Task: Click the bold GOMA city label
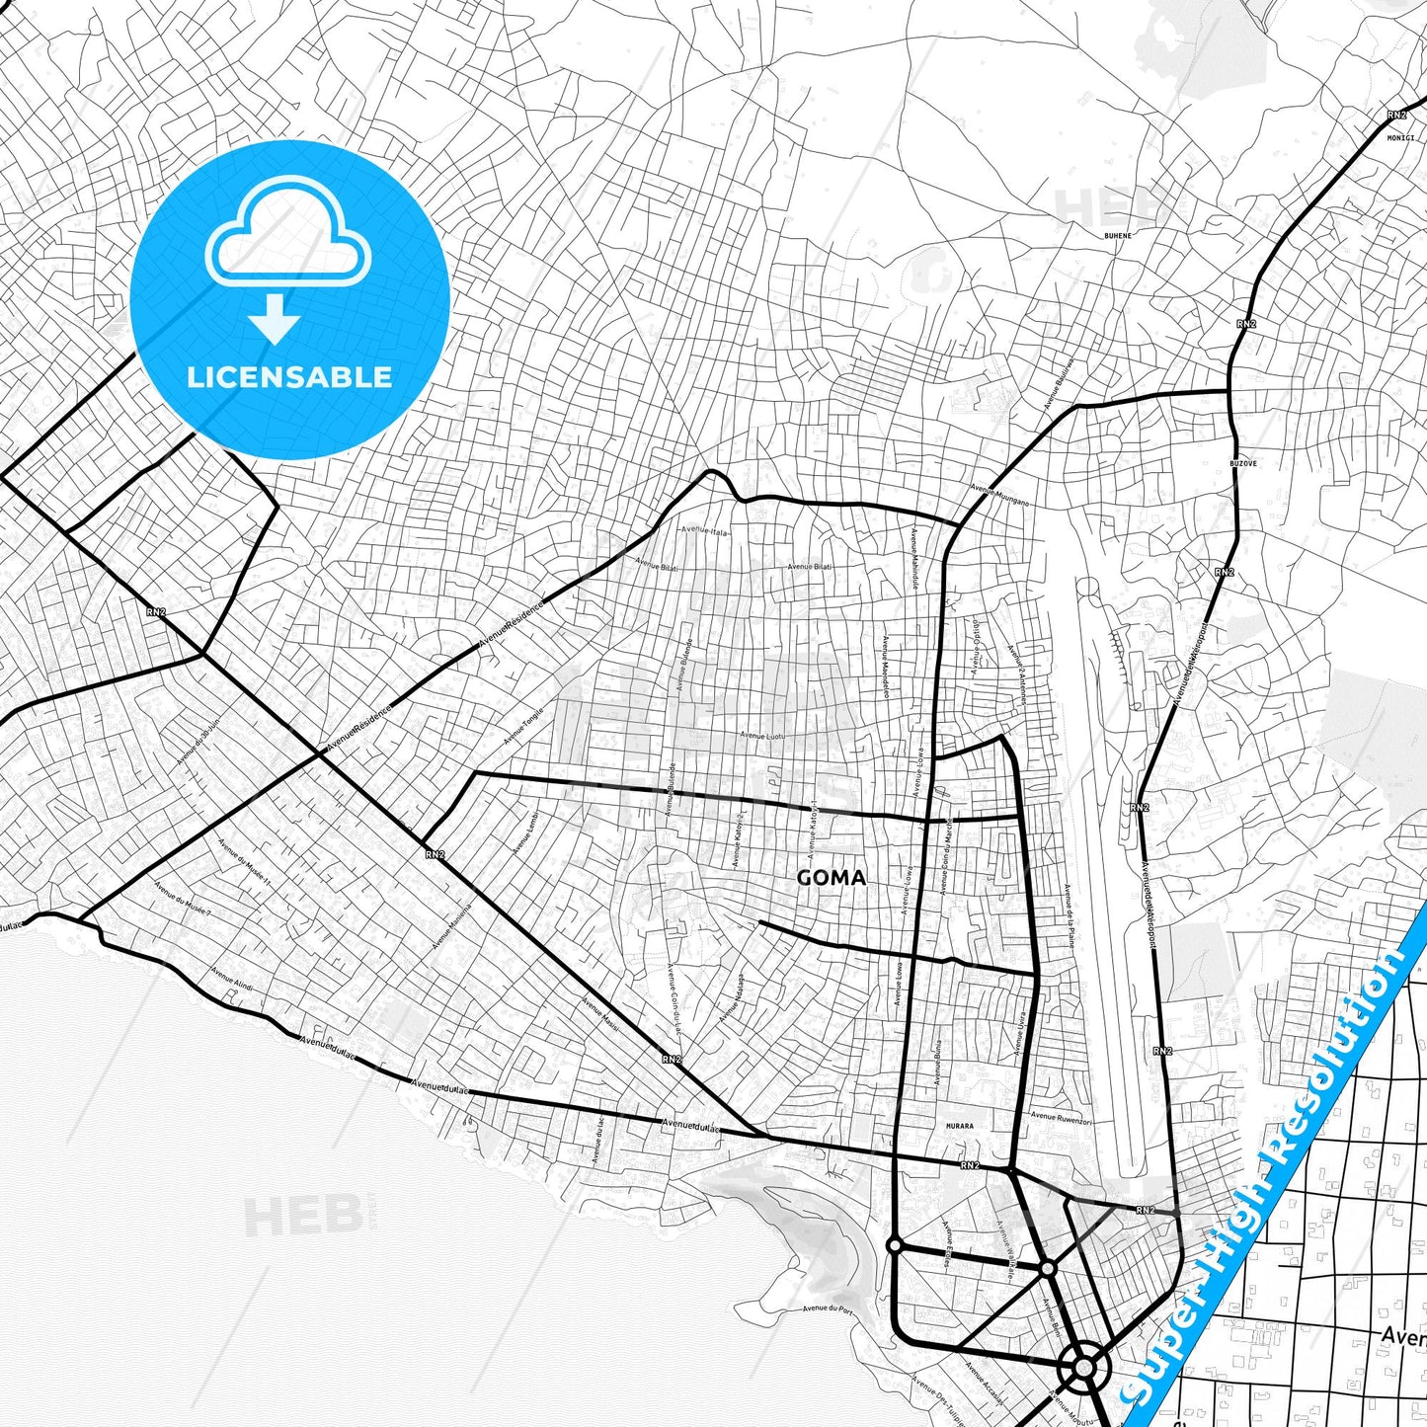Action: coord(831,877)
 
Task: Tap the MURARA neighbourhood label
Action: coord(958,1126)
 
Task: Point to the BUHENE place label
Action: coord(1117,236)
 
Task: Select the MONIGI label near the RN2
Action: coord(1400,137)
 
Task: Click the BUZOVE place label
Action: coord(1242,463)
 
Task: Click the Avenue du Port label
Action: coord(827,1308)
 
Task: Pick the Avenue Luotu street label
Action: coord(761,735)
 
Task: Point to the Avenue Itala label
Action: coord(703,531)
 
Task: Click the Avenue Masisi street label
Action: coord(600,1013)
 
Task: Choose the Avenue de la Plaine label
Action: coord(1069,914)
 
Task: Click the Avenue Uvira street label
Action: coord(1020,1033)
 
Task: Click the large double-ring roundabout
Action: coord(1083,1368)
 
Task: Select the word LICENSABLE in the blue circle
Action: coord(289,376)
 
